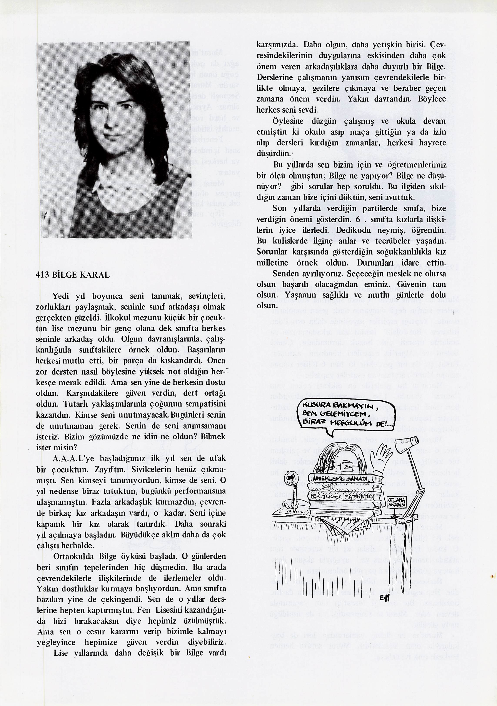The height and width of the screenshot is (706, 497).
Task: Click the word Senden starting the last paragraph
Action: point(285,273)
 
